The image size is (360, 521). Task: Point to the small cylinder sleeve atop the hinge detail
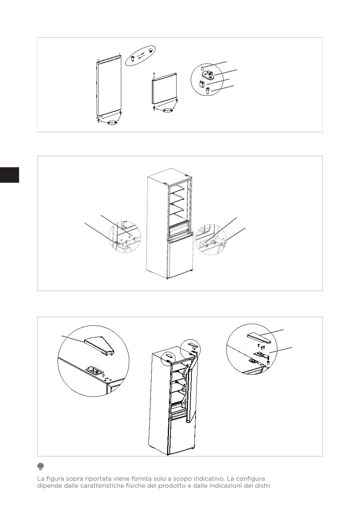pyautogui.click(x=202, y=68)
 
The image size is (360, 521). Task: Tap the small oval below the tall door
pyautogui.click(x=112, y=123)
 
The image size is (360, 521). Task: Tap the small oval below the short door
pyautogui.click(x=167, y=110)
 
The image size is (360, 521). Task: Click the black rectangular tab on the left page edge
pyautogui.click(x=9, y=175)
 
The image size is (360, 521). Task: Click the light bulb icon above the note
pyautogui.click(x=41, y=466)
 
